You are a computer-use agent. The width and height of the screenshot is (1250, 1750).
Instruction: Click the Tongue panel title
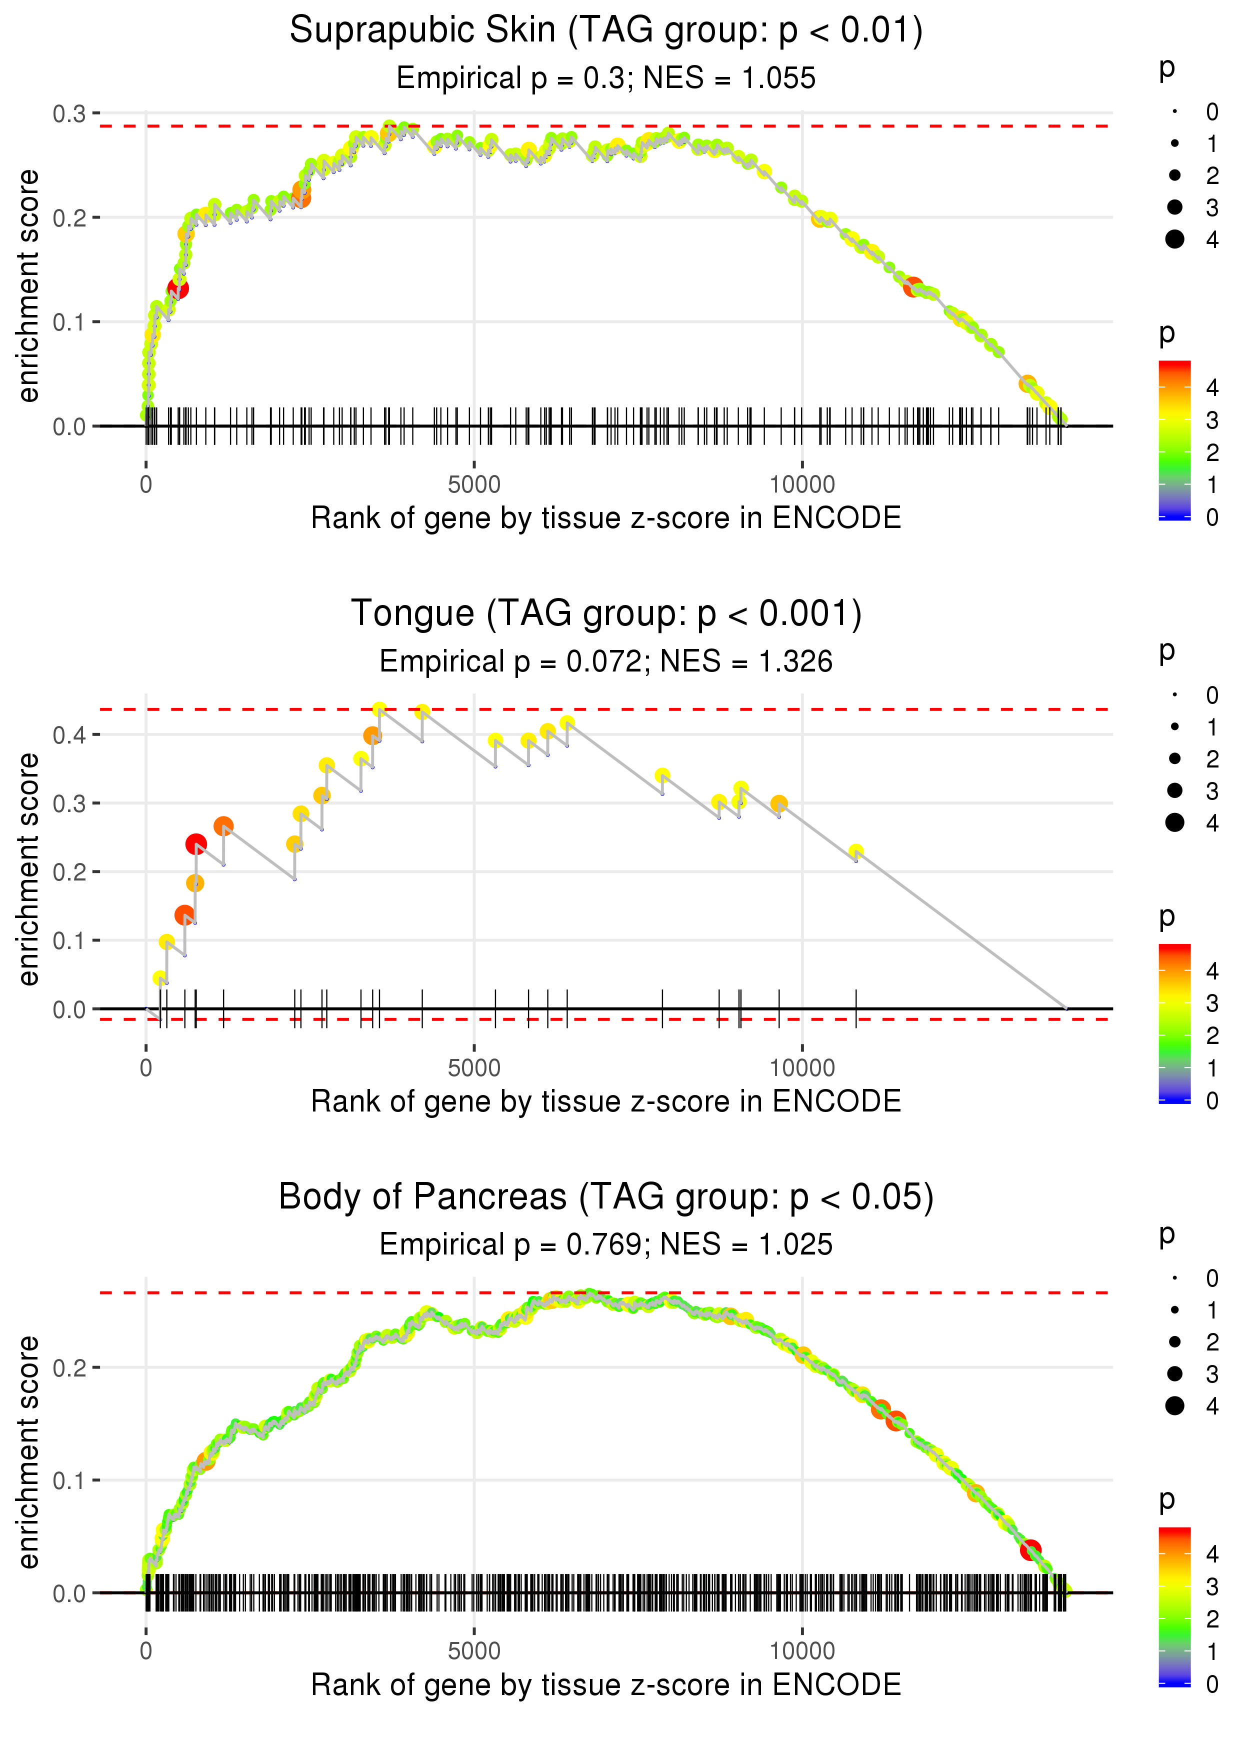(x=606, y=614)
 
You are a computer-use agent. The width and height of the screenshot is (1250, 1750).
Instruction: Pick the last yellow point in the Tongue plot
(x=856, y=852)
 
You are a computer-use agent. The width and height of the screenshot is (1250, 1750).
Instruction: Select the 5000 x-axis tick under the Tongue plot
(x=473, y=1068)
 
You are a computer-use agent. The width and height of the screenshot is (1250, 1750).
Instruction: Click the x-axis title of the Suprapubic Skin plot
(x=606, y=518)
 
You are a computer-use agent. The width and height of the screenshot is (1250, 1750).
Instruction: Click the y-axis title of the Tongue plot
(x=28, y=869)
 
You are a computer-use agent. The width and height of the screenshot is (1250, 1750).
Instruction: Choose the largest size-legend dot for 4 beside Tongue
(x=1174, y=822)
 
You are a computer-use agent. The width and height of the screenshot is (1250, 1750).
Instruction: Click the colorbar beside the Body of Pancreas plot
(x=1174, y=1606)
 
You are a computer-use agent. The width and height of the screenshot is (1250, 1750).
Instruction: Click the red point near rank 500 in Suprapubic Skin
(x=178, y=288)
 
